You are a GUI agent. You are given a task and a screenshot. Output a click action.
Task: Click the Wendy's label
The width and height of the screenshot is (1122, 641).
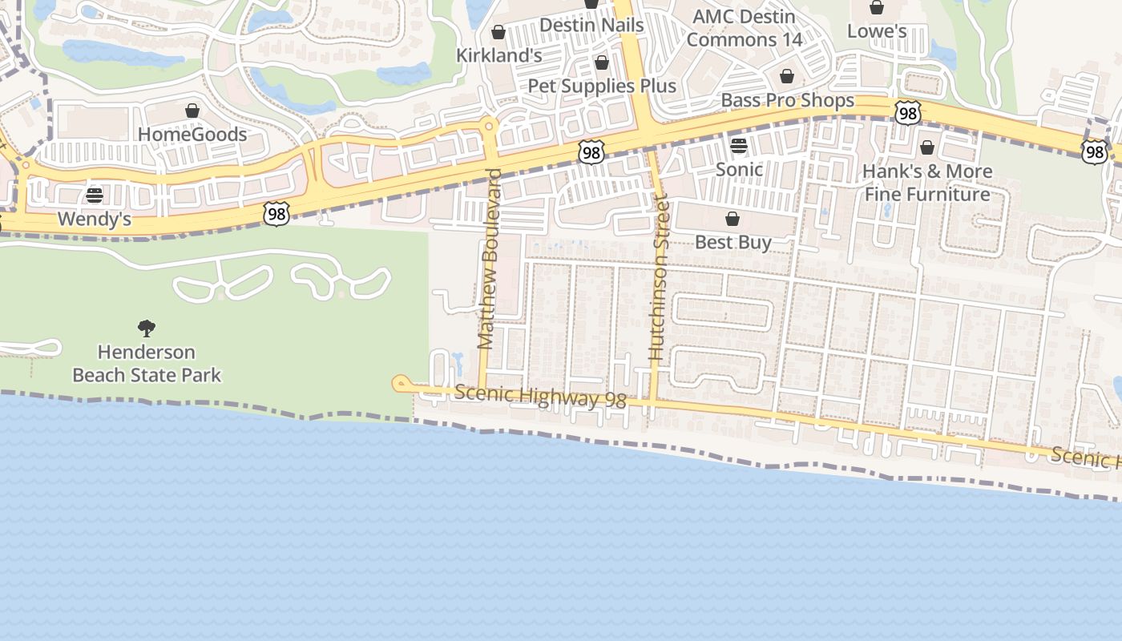95,219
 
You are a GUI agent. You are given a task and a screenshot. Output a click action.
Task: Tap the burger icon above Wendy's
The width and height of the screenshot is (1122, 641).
95,195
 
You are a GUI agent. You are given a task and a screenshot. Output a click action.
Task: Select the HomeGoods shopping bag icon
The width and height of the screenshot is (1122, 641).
192,111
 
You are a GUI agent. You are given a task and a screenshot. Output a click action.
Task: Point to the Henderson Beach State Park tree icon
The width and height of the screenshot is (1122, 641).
146,327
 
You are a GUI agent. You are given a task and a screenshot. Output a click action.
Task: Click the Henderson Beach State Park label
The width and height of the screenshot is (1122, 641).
147,363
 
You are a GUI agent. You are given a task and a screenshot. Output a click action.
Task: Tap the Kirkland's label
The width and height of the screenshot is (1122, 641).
499,55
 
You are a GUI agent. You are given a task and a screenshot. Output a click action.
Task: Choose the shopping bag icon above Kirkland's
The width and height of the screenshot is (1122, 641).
498,32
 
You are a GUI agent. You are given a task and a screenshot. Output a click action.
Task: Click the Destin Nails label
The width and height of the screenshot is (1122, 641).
591,25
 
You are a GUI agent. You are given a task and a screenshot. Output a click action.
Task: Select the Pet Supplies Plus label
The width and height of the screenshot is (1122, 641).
602,86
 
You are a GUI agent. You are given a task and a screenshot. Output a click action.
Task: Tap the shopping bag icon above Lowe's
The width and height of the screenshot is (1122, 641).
877,8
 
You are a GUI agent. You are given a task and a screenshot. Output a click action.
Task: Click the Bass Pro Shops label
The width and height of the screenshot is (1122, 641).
788,100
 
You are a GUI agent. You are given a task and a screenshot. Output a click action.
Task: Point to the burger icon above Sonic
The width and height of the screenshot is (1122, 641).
739,146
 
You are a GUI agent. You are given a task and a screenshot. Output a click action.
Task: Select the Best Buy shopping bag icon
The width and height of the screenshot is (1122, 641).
733,219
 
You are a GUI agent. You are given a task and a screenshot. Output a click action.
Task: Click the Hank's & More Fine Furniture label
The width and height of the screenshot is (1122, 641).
927,183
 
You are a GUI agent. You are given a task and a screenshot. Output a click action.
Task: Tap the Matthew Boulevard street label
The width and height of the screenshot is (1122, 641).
489,259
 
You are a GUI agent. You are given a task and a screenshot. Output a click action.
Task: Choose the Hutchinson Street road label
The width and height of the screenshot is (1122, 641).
658,276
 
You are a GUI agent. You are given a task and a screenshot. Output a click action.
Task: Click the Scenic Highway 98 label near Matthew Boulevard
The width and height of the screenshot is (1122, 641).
540,397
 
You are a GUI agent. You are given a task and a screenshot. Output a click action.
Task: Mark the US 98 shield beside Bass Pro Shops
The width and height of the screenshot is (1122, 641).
907,113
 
